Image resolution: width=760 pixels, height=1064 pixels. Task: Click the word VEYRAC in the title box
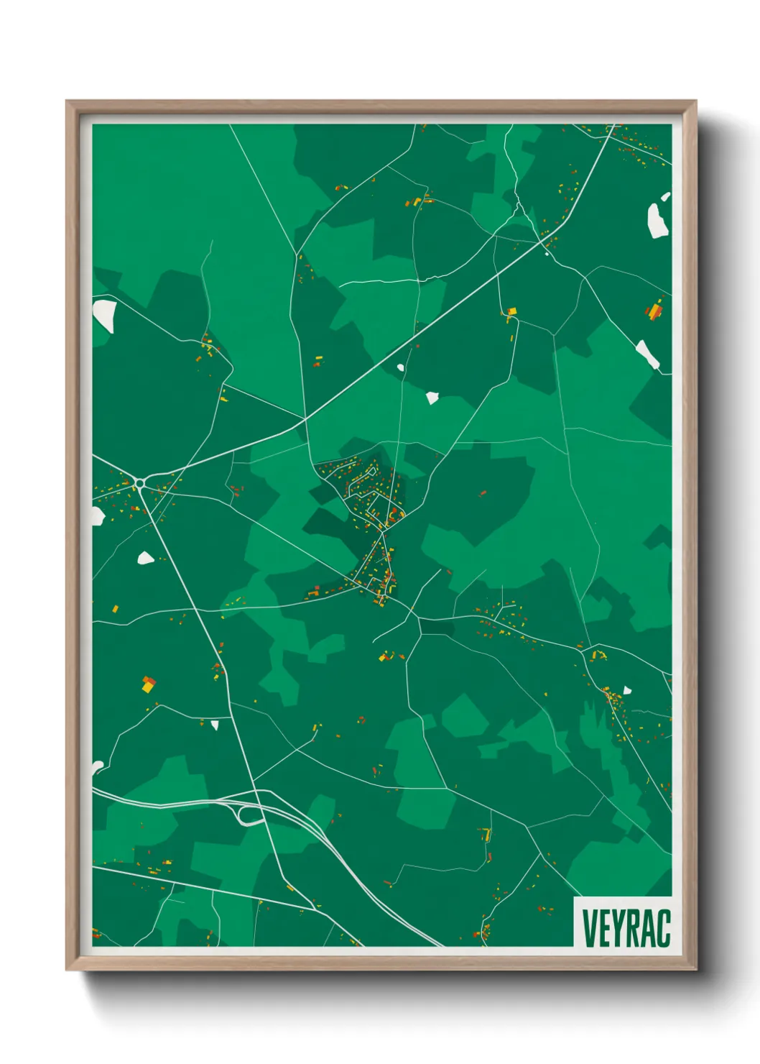point(626,927)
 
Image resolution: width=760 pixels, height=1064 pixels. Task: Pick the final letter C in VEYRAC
point(664,928)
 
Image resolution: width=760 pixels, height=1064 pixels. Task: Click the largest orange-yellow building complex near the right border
point(654,311)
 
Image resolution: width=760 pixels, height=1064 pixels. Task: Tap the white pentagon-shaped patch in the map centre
point(432,398)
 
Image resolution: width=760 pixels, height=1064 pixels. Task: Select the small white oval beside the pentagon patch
point(401,368)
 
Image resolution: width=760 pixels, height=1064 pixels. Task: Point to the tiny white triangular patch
point(215,725)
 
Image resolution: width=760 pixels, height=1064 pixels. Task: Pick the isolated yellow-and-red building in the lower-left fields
point(148,684)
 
